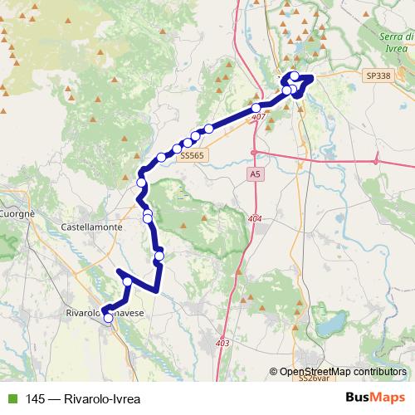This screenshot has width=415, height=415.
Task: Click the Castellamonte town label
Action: tap(93, 226)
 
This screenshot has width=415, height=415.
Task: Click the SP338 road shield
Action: tap(377, 76)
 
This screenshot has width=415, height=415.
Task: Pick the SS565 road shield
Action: tap(192, 155)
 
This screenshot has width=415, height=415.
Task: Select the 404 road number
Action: tap(254, 218)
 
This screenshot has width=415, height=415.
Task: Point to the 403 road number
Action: tap(222, 342)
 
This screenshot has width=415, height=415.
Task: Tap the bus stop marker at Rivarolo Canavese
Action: tap(108, 318)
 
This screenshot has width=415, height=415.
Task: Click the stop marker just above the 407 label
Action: tap(256, 109)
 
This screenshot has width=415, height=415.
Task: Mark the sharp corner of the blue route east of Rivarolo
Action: tap(156, 290)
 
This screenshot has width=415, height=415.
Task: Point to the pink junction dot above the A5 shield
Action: tap(255, 153)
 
